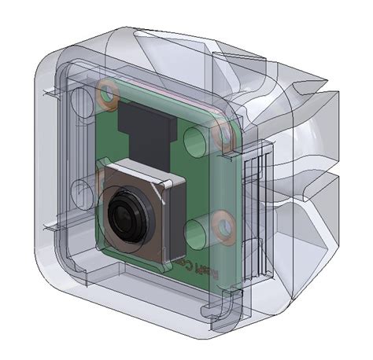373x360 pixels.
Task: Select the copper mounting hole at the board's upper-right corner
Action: (223, 136)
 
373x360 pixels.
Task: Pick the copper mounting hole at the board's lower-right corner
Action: (225, 227)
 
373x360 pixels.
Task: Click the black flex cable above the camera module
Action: (146, 130)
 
